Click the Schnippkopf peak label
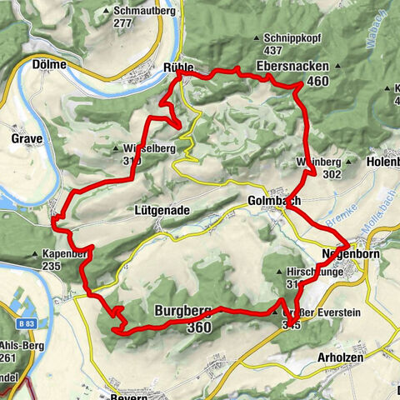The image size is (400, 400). tap(285, 38)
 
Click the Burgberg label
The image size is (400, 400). tap(180, 312)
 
